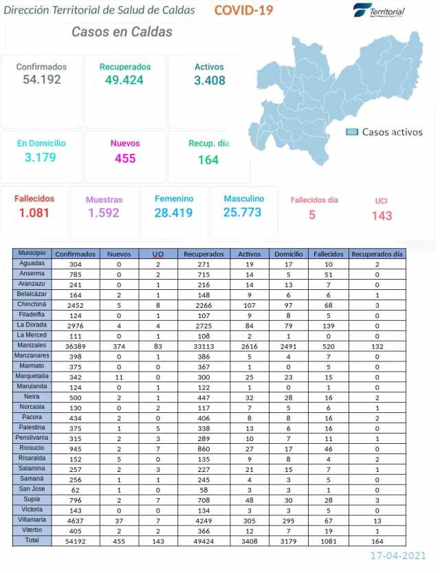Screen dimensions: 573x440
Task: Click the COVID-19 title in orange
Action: pyautogui.click(x=243, y=10)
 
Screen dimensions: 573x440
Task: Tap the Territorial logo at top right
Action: pyautogui.click(x=379, y=11)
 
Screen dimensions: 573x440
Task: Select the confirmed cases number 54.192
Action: pyautogui.click(x=41, y=80)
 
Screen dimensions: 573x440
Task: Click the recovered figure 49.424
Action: pyautogui.click(x=124, y=80)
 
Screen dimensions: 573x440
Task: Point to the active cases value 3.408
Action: pyautogui.click(x=209, y=80)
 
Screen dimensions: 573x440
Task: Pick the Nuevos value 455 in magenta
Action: pyautogui.click(x=125, y=158)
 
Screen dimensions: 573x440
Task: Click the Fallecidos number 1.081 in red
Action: pyautogui.click(x=34, y=212)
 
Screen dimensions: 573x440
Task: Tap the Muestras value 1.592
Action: pyautogui.click(x=104, y=213)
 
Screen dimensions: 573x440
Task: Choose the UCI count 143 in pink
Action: pyautogui.click(x=382, y=215)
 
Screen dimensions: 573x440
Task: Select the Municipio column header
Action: pyautogui.click(x=32, y=254)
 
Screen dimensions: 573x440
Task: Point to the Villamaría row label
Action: pyautogui.click(x=32, y=520)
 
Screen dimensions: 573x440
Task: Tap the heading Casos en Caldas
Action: pyautogui.click(x=122, y=32)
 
